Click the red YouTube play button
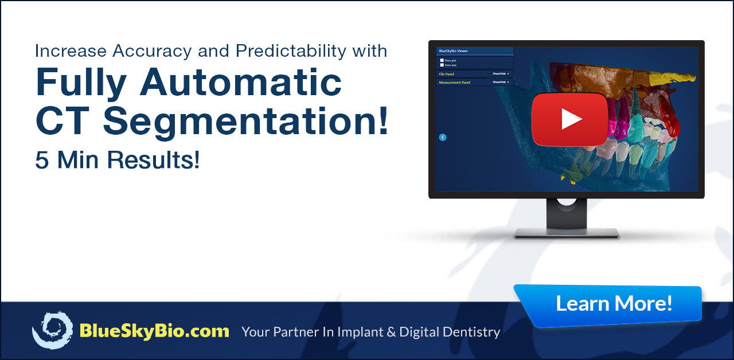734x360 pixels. tap(569, 119)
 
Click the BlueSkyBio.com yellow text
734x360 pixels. tap(154, 331)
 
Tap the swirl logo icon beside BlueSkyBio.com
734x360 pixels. tap(52, 330)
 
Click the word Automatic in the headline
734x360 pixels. tap(241, 82)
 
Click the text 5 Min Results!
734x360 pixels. tap(118, 160)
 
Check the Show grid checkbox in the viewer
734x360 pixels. tap(442, 60)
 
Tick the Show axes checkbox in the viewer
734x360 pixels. tap(442, 65)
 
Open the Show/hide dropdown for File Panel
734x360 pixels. tap(501, 74)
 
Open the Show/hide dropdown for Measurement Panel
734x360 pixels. tap(501, 83)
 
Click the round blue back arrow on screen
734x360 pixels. tap(442, 137)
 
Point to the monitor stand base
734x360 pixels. tap(566, 232)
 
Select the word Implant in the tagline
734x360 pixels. tap(358, 332)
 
